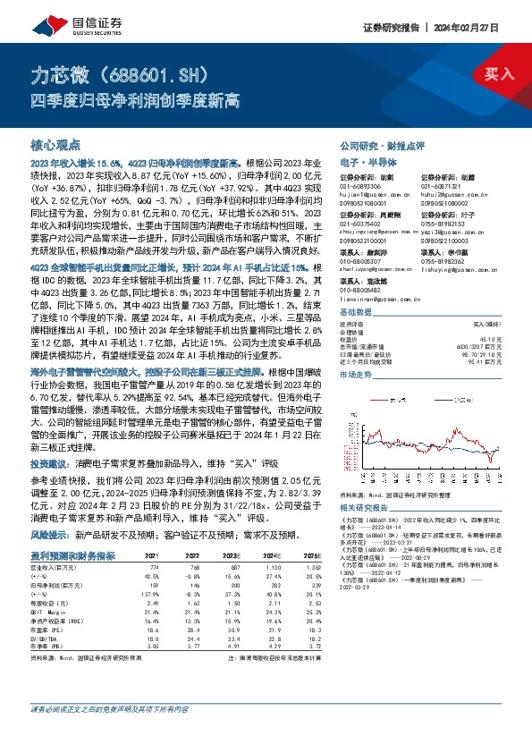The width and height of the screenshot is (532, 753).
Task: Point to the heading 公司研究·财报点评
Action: point(385,145)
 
